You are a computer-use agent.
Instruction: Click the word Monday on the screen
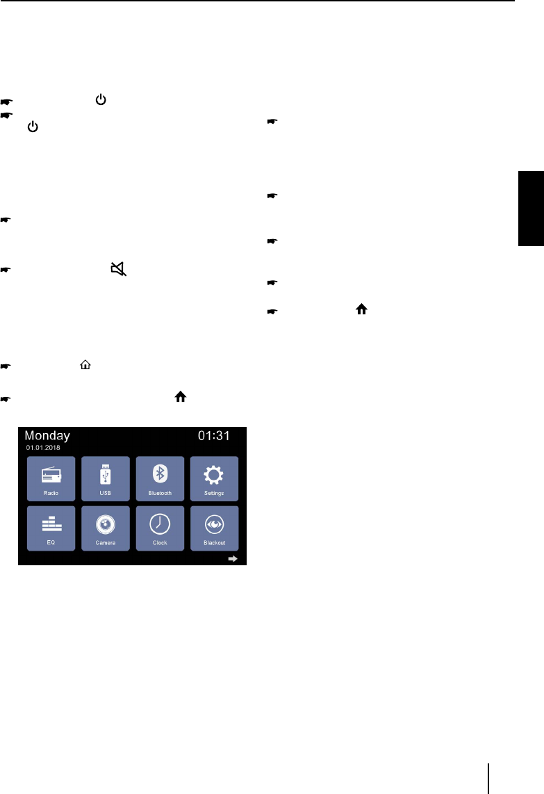[47, 436]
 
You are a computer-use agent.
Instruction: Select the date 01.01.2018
[43, 448]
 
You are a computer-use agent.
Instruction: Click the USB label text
[106, 493]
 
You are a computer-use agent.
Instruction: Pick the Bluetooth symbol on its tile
[160, 473]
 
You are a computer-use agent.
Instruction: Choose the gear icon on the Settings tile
[214, 474]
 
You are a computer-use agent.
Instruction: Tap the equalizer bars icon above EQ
[51, 524]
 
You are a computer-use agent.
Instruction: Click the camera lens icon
[106, 524]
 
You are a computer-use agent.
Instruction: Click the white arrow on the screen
[235, 558]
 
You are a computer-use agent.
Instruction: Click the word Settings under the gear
[214, 493]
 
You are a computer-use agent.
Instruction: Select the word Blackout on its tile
[214, 542]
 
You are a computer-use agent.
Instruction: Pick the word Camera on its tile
[106, 542]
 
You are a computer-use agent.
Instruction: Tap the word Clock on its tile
[160, 542]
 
